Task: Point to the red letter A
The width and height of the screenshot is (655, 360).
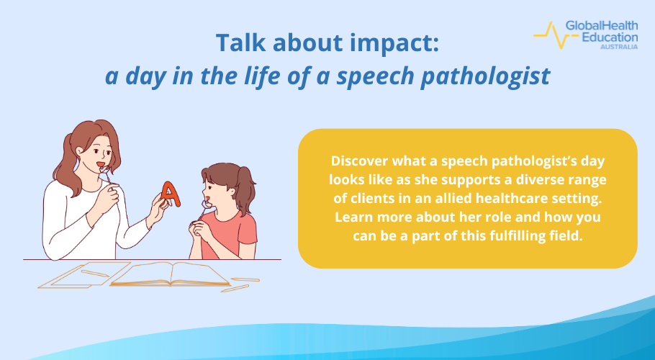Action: point(169,193)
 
